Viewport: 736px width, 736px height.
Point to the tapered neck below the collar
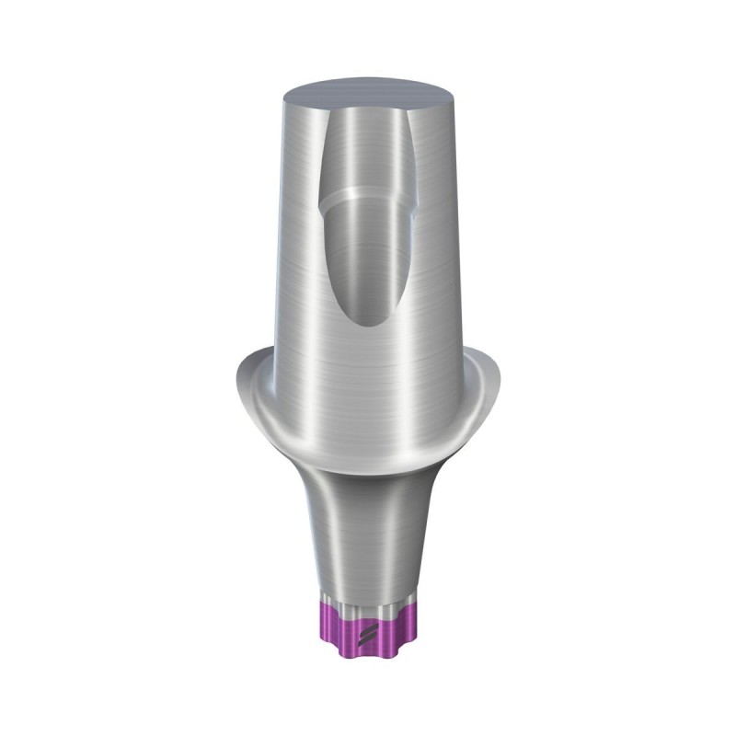click(368, 534)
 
